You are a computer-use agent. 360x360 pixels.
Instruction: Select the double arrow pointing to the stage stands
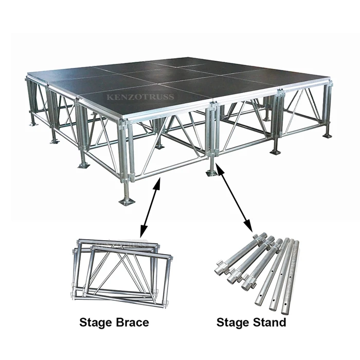click(x=235, y=197)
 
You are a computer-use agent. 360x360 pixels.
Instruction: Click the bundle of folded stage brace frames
click(x=121, y=270)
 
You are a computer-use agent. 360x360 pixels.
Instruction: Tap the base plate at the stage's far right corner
click(x=328, y=135)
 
